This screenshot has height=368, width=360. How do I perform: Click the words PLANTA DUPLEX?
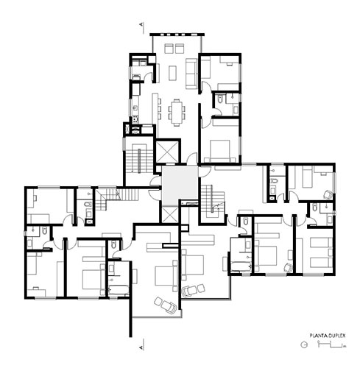click(x=327, y=336)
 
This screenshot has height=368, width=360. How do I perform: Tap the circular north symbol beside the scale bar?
click(x=304, y=344)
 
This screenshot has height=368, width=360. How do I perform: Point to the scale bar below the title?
click(x=331, y=344)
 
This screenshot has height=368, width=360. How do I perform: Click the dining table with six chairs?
click(x=177, y=113)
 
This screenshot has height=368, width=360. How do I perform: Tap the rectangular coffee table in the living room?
click(x=173, y=73)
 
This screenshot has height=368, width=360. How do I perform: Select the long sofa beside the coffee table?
click(x=191, y=74)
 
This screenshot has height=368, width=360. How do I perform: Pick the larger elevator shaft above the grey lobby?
click(x=166, y=152)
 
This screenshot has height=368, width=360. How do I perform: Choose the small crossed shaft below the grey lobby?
click(x=169, y=215)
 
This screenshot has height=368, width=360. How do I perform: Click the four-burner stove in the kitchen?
click(x=135, y=120)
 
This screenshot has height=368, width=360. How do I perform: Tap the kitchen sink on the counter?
click(x=135, y=107)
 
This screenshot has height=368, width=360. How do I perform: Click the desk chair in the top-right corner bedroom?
click(x=328, y=195)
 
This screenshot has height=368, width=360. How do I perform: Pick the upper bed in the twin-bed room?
click(x=321, y=242)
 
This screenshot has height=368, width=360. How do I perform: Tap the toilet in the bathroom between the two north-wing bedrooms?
click(x=220, y=99)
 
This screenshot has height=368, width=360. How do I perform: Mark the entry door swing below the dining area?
click(x=192, y=158)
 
